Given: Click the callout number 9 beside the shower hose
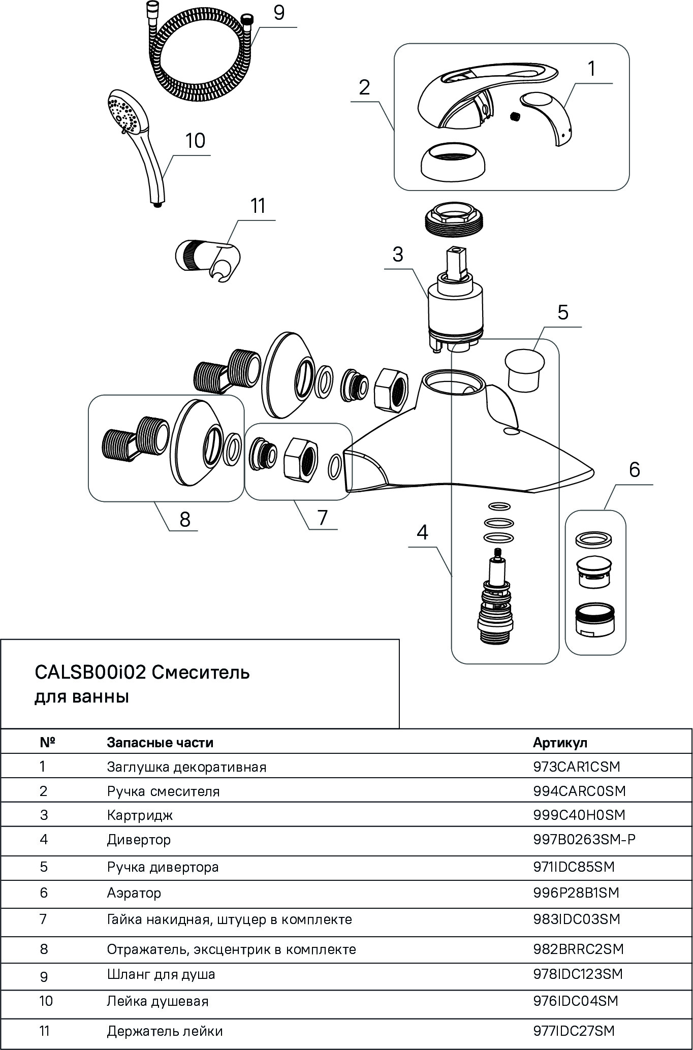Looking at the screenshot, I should point(279,13).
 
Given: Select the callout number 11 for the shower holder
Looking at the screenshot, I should point(258,206).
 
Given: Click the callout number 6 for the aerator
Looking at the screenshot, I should point(635,470).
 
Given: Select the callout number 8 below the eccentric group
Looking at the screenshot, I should point(185,519).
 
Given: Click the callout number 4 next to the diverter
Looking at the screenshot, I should point(422,532).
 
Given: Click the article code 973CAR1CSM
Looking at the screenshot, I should point(577,767).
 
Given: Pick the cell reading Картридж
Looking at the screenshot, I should point(140,815).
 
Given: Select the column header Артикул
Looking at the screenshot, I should point(560,743).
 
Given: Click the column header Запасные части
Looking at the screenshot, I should point(160,743).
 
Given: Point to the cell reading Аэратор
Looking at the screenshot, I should point(134,893).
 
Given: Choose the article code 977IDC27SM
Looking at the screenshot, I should point(574,1031).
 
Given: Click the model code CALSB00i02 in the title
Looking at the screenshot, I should point(90,673).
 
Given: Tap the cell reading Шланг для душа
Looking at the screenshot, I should point(161,974).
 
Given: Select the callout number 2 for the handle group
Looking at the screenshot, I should point(364,88).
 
